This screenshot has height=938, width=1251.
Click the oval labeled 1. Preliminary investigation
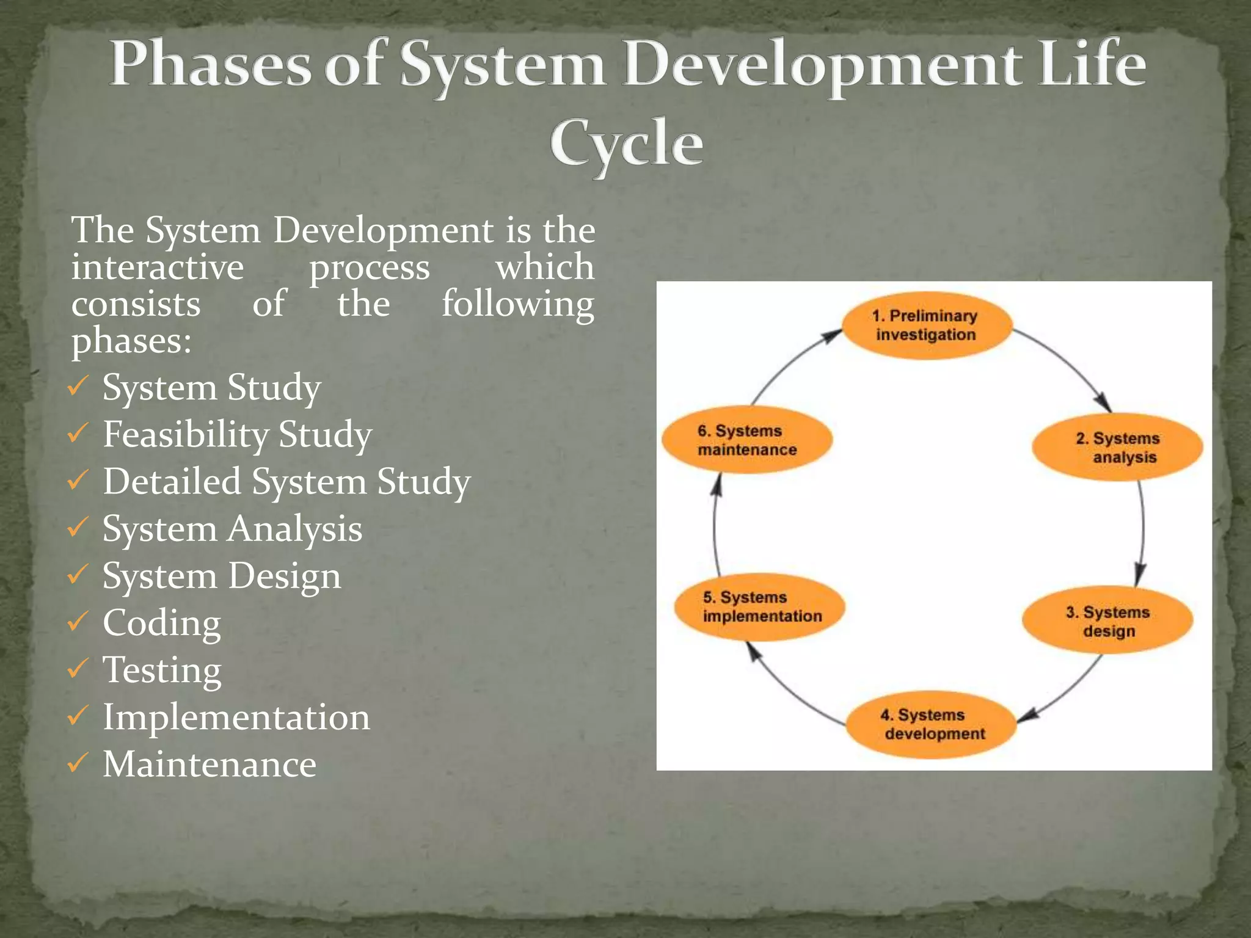(926, 325)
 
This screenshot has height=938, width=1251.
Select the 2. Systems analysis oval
(1117, 448)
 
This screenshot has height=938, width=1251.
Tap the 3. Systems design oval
(1107, 620)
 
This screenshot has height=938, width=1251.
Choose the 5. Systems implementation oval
(760, 606)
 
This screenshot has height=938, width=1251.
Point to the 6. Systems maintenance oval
(747, 440)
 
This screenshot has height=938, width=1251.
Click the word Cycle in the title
(626, 144)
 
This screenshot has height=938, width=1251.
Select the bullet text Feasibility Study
(237, 435)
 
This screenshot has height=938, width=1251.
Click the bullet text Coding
(162, 624)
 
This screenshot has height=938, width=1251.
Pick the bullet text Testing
(162, 671)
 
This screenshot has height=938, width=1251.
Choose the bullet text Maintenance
(210, 765)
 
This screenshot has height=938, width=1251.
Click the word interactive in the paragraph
(158, 267)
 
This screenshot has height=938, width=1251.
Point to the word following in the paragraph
(517, 304)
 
